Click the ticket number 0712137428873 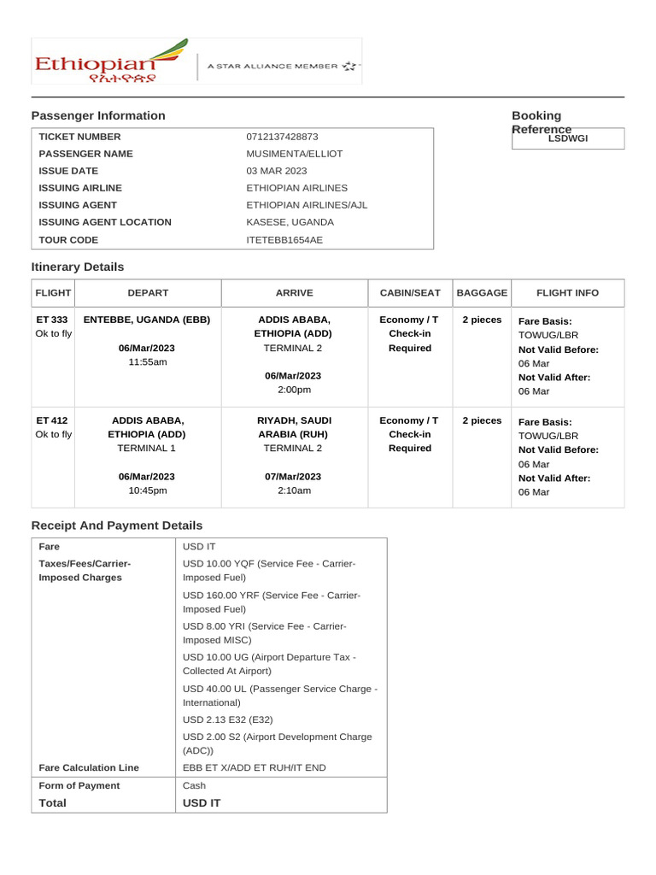282,137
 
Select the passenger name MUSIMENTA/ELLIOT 294,154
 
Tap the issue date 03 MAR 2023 277,171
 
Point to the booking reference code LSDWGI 568,138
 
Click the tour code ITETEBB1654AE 284,239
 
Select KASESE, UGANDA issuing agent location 290,222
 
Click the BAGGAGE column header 482,293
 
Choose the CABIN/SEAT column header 410,293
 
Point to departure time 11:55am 147,362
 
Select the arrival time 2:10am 294,490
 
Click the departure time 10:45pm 147,490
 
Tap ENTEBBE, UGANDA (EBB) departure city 147,320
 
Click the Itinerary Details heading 78,267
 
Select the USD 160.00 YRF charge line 272,602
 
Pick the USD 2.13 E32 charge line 227,719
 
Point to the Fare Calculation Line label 89,767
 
